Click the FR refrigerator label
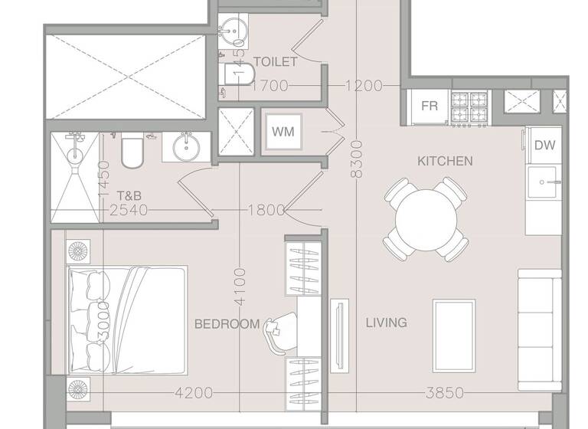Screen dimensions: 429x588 (430, 106)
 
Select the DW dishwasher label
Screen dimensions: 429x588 (544, 145)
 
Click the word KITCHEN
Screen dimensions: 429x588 (445, 161)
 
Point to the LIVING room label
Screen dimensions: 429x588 (386, 323)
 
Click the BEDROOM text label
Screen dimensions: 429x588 (227, 324)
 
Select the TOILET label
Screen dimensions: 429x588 (275, 61)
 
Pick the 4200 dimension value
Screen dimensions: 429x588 (194, 393)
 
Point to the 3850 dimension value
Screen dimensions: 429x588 (445, 393)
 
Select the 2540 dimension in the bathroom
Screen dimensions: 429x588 (129, 210)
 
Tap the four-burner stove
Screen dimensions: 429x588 (469, 107)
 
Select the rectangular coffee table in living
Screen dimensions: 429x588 (453, 325)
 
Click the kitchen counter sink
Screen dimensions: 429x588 (544, 182)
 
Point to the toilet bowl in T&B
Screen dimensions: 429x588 (132, 152)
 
